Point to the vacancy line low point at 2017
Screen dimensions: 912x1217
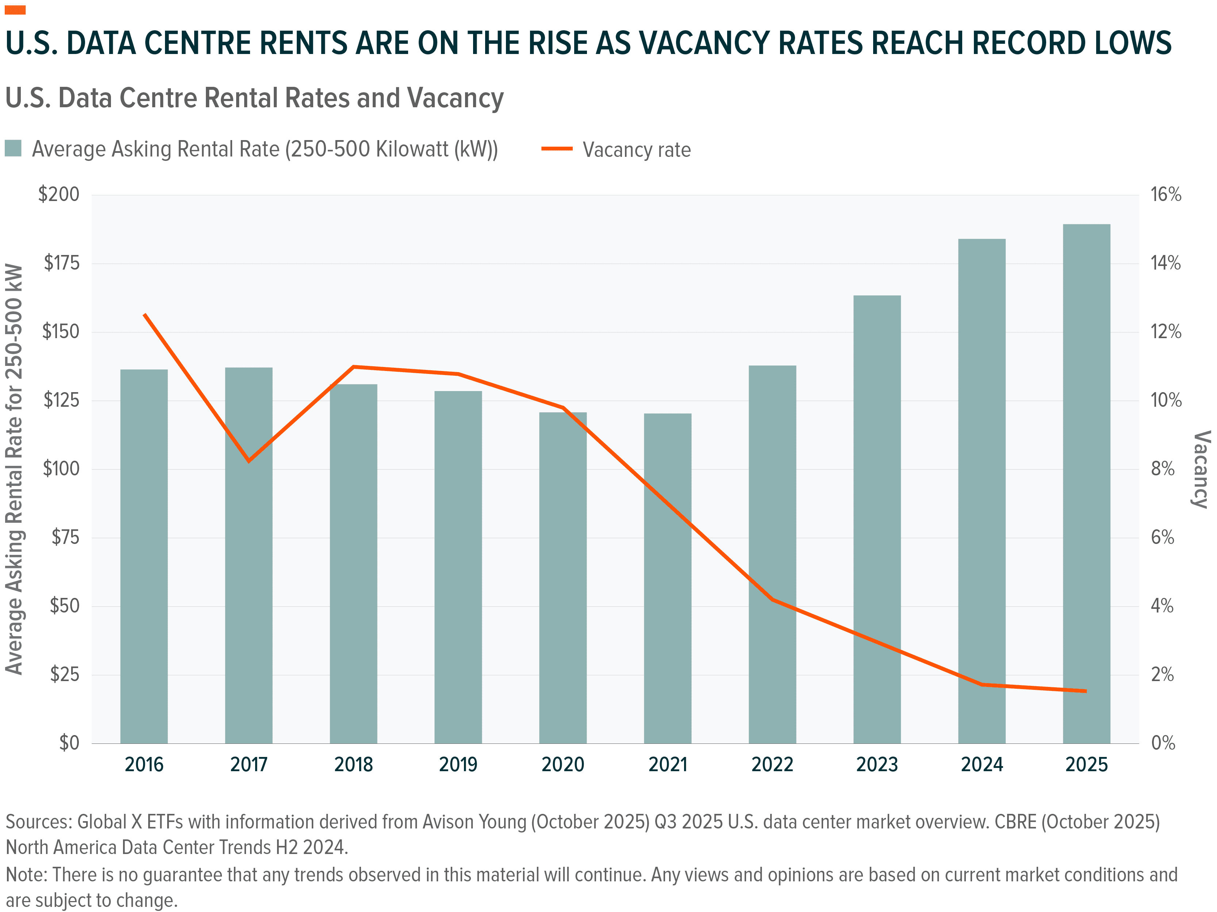pos(249,461)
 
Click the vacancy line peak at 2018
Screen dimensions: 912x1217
pos(354,367)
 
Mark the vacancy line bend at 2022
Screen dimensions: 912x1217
pos(772,599)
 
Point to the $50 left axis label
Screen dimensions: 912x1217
pos(64,606)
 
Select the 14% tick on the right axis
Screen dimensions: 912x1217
pos(1165,263)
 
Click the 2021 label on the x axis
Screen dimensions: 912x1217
pos(667,765)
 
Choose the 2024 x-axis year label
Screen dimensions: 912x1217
pos(982,765)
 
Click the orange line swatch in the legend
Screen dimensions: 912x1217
pos(557,149)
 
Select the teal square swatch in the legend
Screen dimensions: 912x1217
pos(13,148)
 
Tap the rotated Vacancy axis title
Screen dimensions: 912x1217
pos(1201,469)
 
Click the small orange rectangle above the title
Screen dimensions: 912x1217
pos(15,10)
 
